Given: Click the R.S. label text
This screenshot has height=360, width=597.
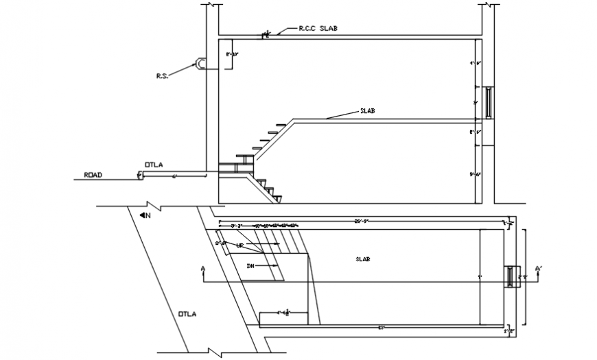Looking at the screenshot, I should [161, 76].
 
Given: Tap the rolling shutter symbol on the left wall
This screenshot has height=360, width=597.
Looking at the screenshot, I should [200, 63].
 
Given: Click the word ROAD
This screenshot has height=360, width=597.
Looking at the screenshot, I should [93, 175].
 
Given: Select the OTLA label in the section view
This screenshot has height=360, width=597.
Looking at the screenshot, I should [154, 164].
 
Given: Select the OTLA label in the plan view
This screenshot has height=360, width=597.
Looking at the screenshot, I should [187, 314].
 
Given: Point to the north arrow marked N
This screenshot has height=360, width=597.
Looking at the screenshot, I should [145, 215].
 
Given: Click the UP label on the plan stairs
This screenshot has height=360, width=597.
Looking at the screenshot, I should [241, 244].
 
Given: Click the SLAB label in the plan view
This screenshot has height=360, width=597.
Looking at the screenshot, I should [363, 259].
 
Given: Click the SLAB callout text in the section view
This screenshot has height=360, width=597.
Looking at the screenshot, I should [368, 110].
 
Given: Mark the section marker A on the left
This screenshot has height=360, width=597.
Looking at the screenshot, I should [203, 269].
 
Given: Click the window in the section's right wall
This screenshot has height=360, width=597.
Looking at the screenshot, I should [488, 102].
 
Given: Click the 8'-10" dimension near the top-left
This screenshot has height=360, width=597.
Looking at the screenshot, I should [232, 53].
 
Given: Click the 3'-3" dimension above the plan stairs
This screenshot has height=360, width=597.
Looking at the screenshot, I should [237, 225].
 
